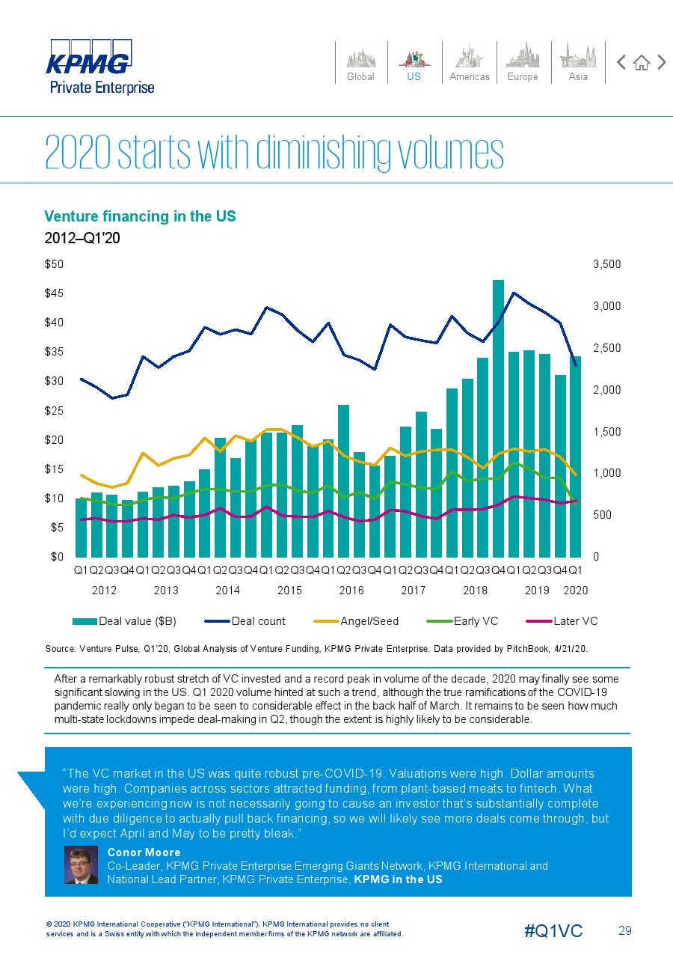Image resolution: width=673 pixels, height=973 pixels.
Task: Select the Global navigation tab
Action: coord(360,63)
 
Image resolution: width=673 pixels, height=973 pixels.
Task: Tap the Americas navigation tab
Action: coord(469,63)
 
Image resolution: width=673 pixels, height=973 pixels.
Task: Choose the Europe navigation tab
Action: coord(523,63)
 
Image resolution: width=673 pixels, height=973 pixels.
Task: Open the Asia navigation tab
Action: coord(578,63)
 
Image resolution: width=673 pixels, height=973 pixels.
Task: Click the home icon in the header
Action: coord(642,63)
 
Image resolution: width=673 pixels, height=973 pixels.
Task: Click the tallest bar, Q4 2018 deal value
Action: coord(498,418)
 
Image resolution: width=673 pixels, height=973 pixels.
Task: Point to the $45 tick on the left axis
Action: coord(54,293)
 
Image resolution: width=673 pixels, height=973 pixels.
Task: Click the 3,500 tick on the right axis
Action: coord(606,264)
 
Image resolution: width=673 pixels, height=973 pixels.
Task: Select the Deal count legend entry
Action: coord(245,621)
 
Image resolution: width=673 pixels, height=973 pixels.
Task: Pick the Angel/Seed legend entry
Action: coord(356,621)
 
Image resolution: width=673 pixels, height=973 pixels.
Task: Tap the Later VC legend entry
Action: coord(562,621)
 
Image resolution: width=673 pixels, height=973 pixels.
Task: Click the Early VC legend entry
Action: coord(462,621)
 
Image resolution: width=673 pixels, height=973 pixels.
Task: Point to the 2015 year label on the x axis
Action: coord(289,591)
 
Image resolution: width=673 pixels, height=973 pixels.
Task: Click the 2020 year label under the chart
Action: coord(575,591)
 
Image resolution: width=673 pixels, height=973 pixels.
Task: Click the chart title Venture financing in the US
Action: coord(140,216)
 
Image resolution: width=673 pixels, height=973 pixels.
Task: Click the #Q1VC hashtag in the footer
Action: coord(553,930)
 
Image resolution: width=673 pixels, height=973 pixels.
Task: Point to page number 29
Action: coord(625,930)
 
